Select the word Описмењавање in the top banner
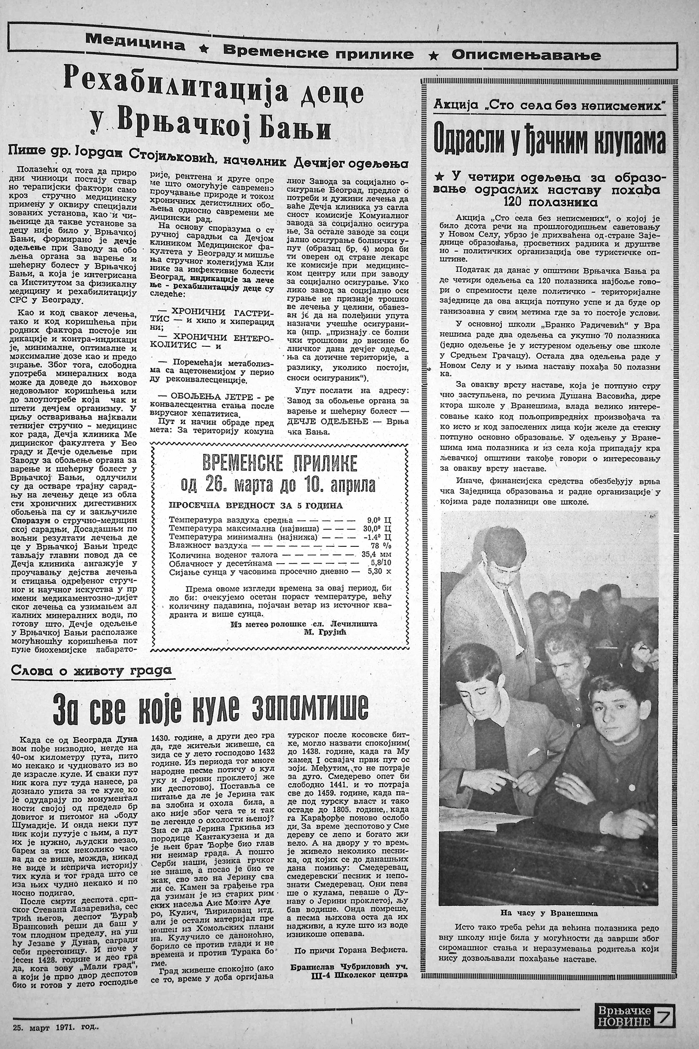coord(526,55)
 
